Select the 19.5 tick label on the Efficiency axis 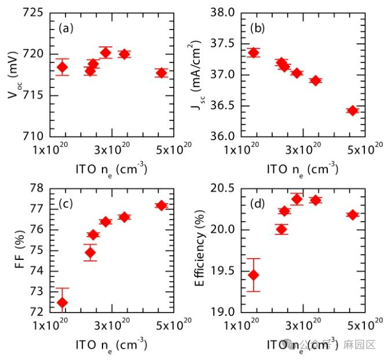[222, 270]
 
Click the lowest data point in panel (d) [253, 275]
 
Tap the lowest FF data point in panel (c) [63, 302]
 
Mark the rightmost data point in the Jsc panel [353, 110]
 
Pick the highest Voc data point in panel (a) [105, 52]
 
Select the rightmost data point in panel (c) [161, 205]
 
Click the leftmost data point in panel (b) [253, 53]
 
